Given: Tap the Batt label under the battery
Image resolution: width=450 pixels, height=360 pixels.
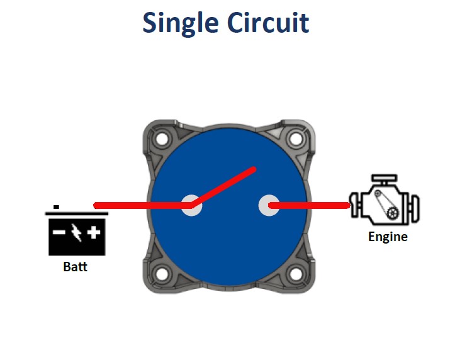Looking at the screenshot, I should click(76, 266).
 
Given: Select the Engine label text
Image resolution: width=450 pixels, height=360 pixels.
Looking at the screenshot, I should click(388, 237).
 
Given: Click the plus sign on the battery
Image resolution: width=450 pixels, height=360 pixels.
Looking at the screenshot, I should click(94, 233).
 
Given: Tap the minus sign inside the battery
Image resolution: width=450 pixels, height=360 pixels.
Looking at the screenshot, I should click(59, 233).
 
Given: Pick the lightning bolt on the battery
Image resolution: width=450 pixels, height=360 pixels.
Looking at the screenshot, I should click(76, 233).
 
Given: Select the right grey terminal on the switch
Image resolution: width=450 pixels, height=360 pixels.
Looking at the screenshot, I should click(269, 205).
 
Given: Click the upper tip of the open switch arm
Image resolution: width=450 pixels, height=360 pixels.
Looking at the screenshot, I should click(254, 169).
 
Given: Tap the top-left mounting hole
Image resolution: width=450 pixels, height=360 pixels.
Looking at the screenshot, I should click(164, 137).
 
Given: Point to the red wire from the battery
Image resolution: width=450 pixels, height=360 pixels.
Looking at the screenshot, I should click(138, 205).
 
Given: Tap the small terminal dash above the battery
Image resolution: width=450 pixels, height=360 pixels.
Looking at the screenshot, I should click(56, 206).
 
